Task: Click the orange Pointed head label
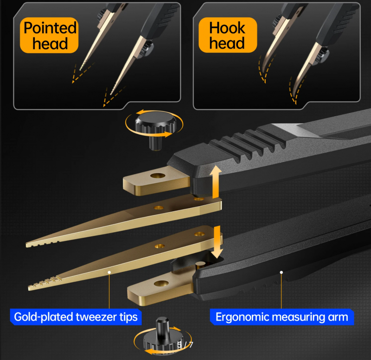pyautogui.click(x=49, y=35)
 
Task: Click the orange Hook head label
pyautogui.click(x=228, y=35)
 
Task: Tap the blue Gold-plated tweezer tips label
pyautogui.click(x=76, y=317)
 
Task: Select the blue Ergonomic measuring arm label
pyautogui.click(x=282, y=317)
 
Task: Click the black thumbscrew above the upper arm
pyautogui.click(x=155, y=127)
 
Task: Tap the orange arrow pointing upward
pyautogui.click(x=217, y=182)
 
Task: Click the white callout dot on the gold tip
pyautogui.click(x=109, y=272)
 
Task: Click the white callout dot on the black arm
pyautogui.click(x=281, y=272)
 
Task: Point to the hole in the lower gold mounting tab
pyautogui.click(x=161, y=283)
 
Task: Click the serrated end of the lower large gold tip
pyautogui.click(x=45, y=283)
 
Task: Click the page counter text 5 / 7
pyautogui.click(x=185, y=345)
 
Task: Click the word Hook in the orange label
pyautogui.click(x=227, y=28)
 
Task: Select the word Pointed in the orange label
pyautogui.click(x=50, y=28)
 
